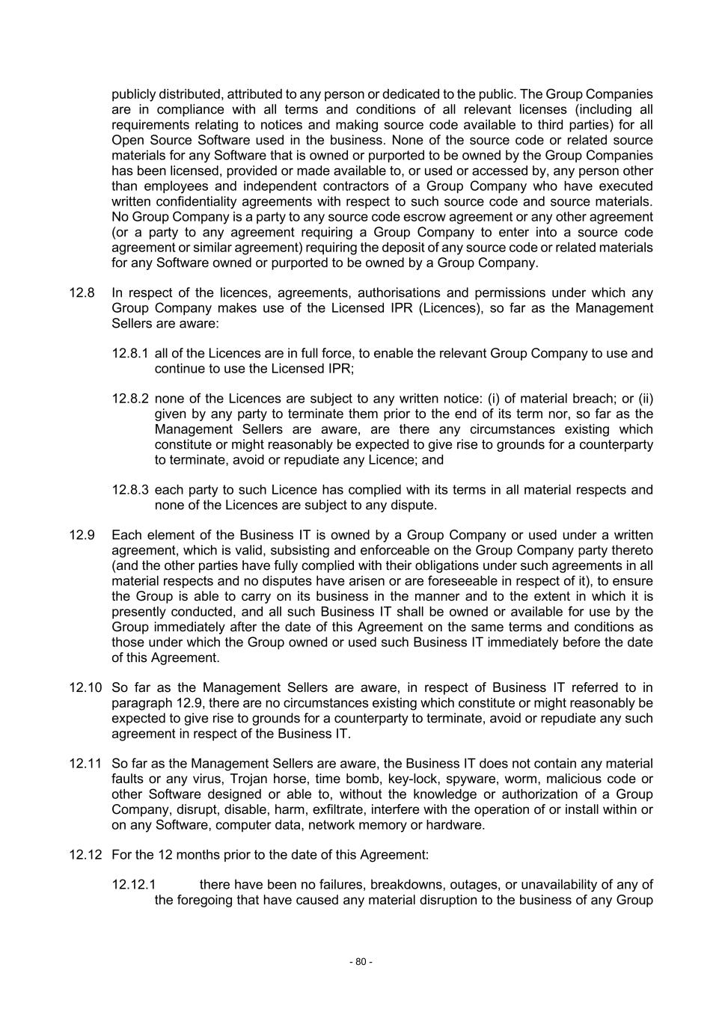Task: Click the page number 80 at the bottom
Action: point(361,961)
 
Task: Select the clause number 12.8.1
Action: point(130,353)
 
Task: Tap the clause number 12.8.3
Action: point(130,490)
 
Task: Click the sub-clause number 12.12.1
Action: point(134,885)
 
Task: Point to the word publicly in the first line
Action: point(134,94)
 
